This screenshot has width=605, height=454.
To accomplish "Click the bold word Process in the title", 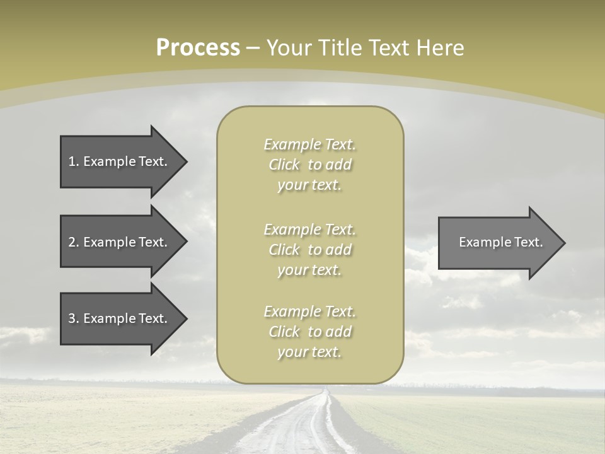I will point(198,48).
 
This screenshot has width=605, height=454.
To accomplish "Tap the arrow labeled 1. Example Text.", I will point(120,161).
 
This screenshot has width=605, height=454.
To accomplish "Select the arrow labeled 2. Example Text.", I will point(120,242).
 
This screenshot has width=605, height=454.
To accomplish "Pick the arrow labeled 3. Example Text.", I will point(120,318).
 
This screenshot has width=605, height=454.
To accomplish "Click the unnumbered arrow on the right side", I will point(498,242).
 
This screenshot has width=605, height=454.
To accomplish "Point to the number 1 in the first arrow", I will point(72,161).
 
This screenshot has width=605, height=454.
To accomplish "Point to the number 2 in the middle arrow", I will point(72,242).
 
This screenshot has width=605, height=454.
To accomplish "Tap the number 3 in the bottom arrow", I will point(72,318).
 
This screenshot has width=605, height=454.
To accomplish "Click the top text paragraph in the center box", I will point(309,165).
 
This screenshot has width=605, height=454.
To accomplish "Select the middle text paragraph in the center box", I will point(309,250).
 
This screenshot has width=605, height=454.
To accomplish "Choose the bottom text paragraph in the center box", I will point(309,332).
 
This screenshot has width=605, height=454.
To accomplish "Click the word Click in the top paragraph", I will point(284,165).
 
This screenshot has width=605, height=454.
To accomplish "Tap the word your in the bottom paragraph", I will point(292,352).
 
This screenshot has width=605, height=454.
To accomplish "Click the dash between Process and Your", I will point(253,48).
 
